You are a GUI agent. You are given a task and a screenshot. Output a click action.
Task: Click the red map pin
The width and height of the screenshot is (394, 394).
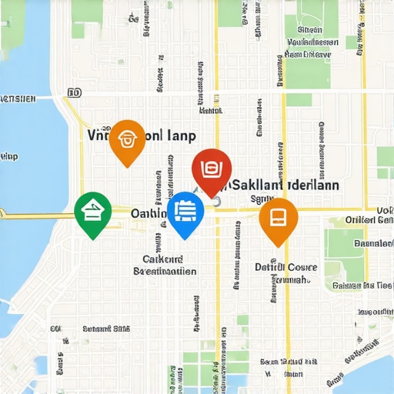click(x=212, y=169)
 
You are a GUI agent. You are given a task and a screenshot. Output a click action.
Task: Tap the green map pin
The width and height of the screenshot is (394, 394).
click(x=92, y=211)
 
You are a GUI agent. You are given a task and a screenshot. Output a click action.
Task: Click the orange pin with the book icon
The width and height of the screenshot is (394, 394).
click(x=278, y=218)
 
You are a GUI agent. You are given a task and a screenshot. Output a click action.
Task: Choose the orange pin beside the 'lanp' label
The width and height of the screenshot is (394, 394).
click(x=127, y=140)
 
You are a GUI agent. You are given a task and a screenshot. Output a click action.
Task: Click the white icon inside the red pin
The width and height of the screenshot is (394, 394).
click(x=212, y=167)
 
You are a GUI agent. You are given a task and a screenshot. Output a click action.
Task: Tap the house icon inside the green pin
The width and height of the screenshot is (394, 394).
click(x=92, y=209)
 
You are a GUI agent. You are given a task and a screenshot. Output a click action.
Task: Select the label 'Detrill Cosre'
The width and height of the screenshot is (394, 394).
click(x=285, y=267)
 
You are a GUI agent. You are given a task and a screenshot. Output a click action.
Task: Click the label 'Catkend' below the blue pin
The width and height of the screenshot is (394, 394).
click(x=162, y=259)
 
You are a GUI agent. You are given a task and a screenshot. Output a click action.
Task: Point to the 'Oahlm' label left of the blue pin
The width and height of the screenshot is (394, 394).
click(x=146, y=212)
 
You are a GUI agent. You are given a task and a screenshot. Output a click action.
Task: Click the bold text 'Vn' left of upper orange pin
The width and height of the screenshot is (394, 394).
click(x=98, y=135)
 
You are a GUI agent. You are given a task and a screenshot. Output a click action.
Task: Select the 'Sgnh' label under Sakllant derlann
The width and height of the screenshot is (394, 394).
click(x=262, y=199)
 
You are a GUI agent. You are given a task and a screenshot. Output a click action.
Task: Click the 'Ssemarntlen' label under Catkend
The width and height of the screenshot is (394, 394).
click(x=165, y=272)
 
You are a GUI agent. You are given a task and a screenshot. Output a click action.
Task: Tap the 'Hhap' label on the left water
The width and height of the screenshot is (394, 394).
click(x=9, y=157)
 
